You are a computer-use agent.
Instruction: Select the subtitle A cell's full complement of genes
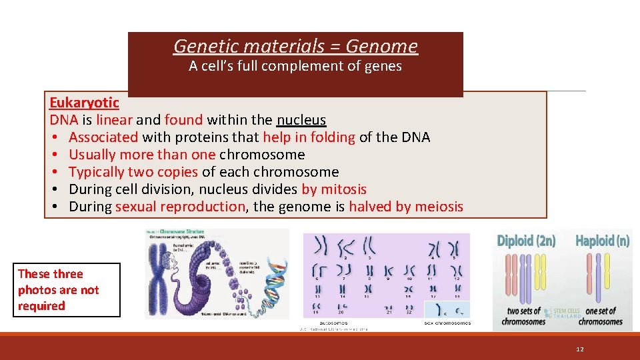click(x=295, y=66)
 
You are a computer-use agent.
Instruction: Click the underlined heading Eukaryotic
click(x=84, y=103)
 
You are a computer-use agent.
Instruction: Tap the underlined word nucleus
click(x=301, y=120)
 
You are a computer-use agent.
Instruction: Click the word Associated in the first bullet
click(x=103, y=137)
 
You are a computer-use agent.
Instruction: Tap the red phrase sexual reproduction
click(x=180, y=207)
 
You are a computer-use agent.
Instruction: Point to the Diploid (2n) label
click(x=526, y=241)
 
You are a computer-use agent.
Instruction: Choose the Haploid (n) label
click(x=602, y=241)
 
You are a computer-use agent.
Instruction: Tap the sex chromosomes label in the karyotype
click(x=447, y=323)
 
